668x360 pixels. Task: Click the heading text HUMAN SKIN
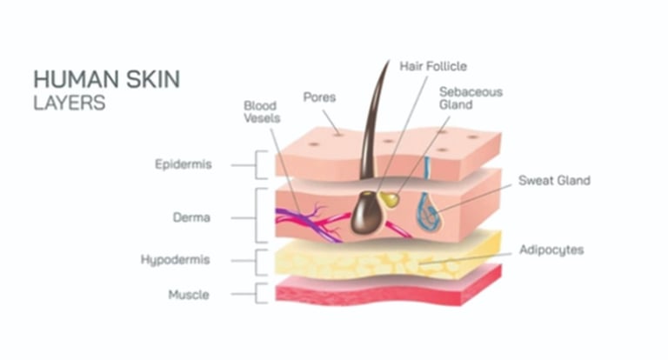[x=107, y=79]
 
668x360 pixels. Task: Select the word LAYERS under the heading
[x=70, y=102]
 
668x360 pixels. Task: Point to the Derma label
[x=191, y=217]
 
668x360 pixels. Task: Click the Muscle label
[x=189, y=295]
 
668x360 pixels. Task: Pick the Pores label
[x=319, y=97]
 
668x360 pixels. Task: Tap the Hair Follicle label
[x=433, y=65]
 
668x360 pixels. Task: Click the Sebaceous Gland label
[x=471, y=97]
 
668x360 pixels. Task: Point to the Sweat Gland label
[x=554, y=181]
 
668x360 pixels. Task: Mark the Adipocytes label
[x=551, y=250]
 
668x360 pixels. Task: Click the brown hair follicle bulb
[x=365, y=214]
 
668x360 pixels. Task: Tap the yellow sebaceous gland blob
[x=391, y=200]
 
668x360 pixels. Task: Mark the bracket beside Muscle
[x=259, y=294]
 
